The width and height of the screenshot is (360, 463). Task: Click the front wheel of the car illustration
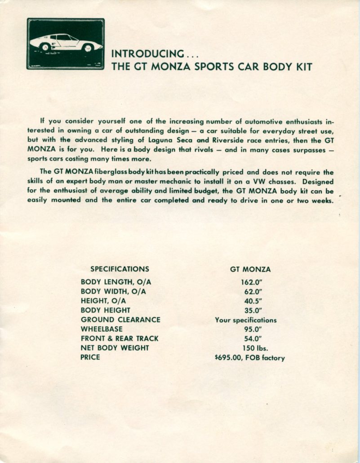pos(88,47)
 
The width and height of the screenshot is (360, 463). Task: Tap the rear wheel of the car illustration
pos(45,47)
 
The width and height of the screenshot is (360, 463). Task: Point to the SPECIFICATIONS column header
pos(120,269)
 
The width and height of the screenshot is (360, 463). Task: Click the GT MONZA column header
pos(250,270)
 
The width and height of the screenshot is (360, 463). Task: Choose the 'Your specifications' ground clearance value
pos(245,321)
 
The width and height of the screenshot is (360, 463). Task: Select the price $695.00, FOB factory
pos(250,358)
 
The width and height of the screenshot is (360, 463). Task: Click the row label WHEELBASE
pos(102,329)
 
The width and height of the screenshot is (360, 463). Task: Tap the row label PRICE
pos(90,357)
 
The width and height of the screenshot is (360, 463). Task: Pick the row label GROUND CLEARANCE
pos(120,320)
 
